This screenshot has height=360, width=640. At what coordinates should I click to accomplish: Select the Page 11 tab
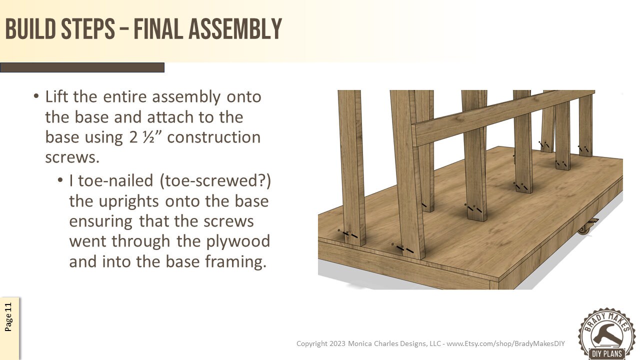click(9, 317)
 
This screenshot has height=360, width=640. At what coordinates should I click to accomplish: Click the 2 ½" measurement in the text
click(145, 137)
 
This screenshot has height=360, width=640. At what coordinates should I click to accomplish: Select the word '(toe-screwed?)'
click(215, 180)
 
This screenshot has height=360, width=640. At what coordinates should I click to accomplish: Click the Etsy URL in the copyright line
click(505, 343)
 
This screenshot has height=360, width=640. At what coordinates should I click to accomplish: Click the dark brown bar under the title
click(82, 67)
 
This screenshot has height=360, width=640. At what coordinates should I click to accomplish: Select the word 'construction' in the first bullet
click(213, 137)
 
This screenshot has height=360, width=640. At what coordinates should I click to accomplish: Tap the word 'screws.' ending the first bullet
click(72, 157)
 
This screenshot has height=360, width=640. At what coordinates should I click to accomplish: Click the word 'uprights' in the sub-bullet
click(132, 201)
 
